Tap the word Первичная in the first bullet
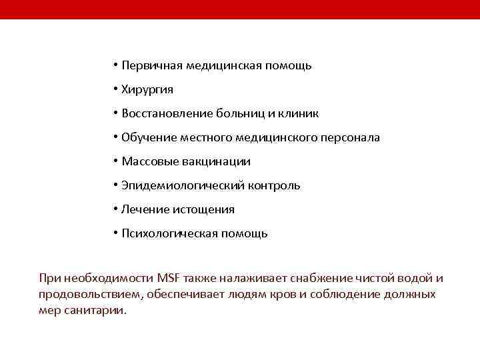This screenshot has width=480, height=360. point(151,65)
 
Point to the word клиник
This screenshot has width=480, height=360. point(301,113)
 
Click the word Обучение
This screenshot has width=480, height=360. point(148,137)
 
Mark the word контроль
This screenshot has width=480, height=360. point(274,185)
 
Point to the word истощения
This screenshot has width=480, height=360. point(203,209)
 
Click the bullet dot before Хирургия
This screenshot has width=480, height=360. point(115,89)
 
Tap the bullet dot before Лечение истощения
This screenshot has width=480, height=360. point(115,209)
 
